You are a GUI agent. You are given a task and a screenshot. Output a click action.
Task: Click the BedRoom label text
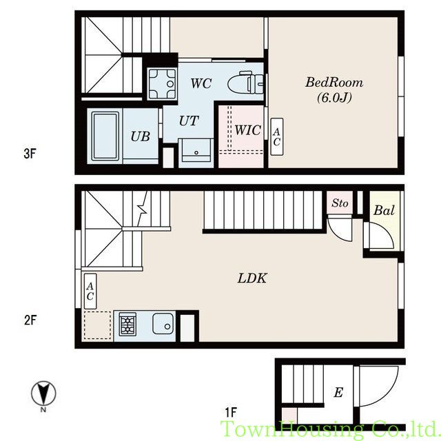(334, 83)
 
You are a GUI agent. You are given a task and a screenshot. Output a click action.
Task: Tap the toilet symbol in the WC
(247, 83)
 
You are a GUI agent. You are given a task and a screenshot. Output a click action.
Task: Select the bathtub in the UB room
(105, 136)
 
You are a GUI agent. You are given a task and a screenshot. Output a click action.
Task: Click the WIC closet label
(248, 130)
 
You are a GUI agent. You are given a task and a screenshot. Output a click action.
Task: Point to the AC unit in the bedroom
(277, 136)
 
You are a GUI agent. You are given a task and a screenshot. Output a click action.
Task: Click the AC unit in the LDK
(90, 291)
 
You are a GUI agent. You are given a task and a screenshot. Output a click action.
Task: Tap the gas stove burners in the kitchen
(127, 325)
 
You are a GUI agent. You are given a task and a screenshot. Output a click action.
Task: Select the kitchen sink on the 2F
(163, 323)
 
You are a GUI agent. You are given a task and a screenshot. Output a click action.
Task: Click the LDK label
(252, 278)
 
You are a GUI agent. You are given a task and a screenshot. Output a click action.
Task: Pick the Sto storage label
(340, 203)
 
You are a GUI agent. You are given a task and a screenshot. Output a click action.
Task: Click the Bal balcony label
(384, 210)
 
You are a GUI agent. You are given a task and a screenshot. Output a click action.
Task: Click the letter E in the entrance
(338, 392)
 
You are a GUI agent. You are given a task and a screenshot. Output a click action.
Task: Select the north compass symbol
(43, 393)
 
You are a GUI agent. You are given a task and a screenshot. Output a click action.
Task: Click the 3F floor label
(30, 154)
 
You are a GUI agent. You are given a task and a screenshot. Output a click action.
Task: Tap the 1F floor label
(231, 412)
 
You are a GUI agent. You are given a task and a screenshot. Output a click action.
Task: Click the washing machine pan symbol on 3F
(163, 83)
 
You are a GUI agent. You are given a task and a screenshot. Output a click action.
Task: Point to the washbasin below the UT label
(196, 150)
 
